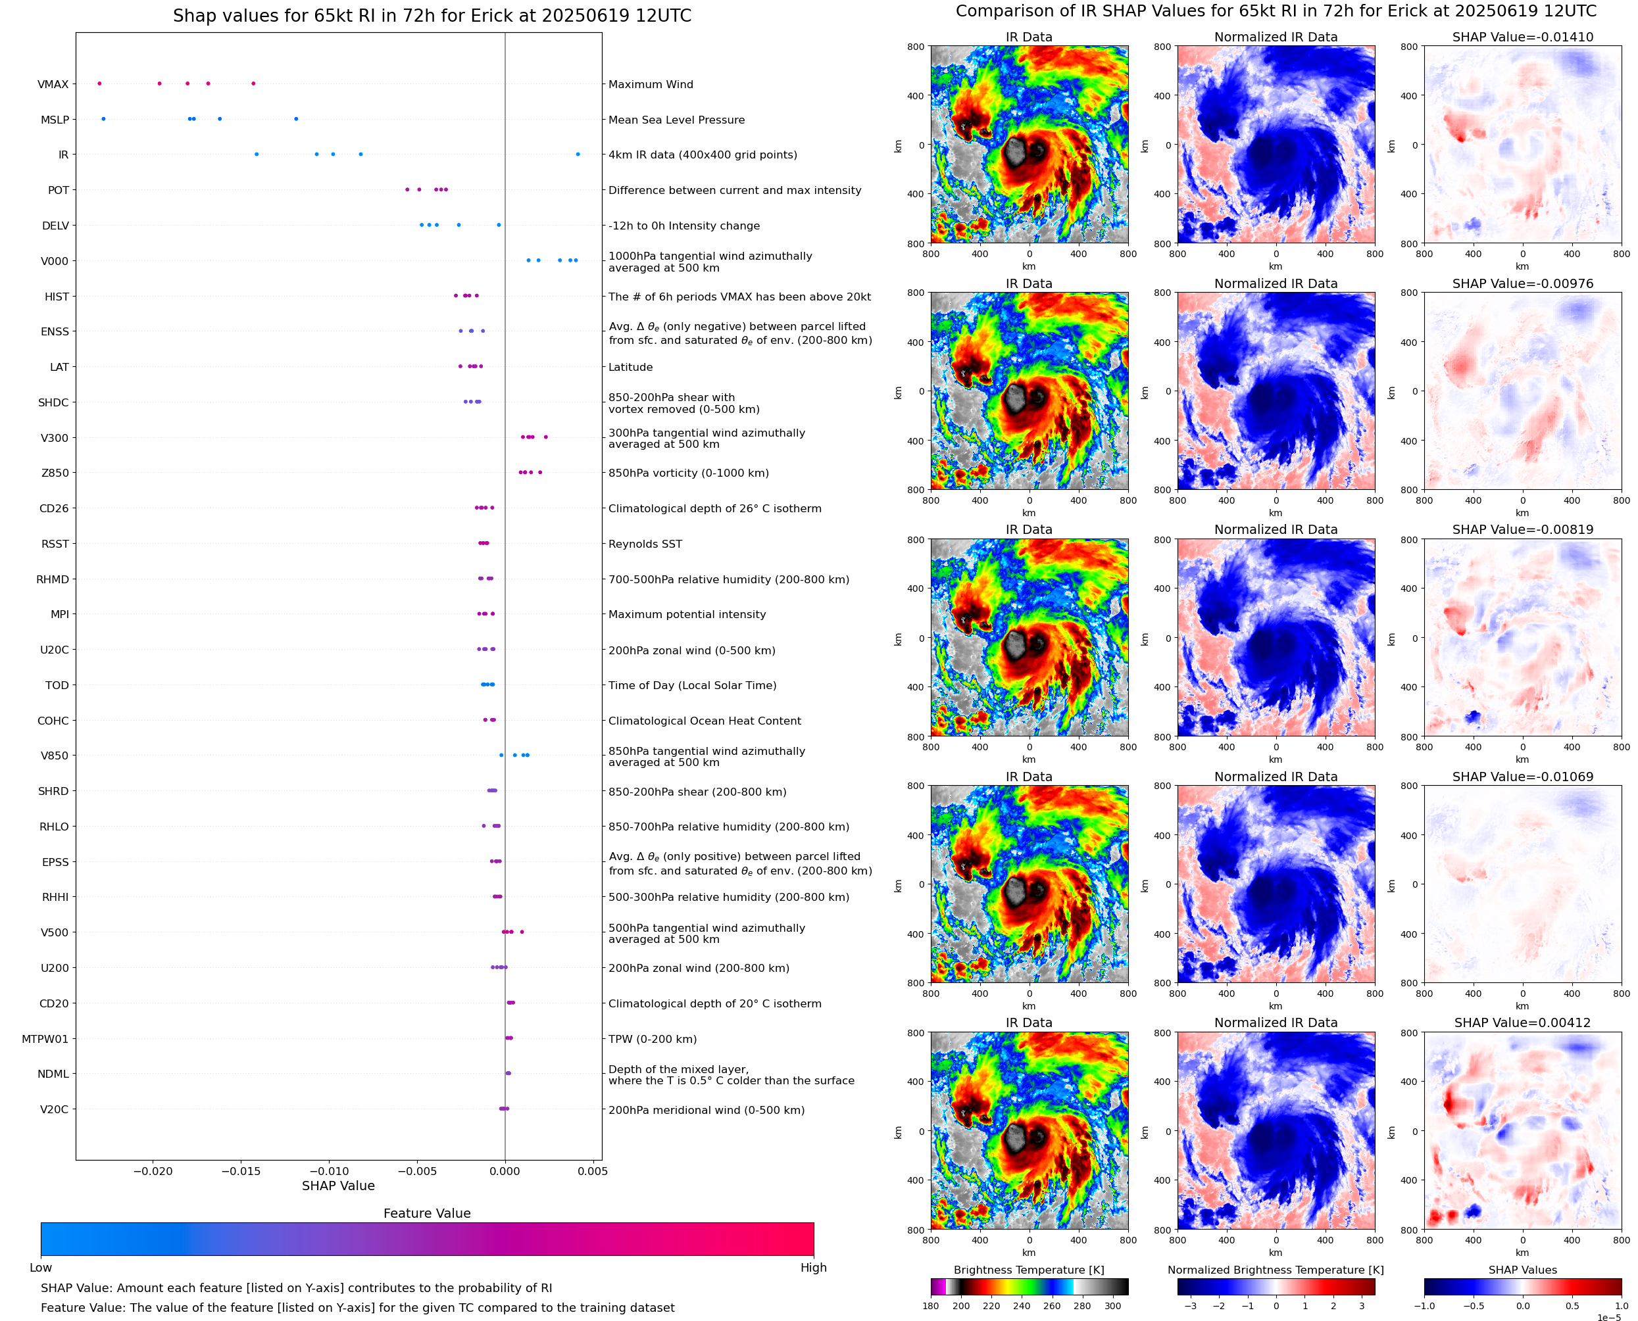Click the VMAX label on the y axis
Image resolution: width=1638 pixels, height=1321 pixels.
coord(53,84)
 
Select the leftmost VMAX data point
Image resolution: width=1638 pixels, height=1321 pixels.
coord(100,84)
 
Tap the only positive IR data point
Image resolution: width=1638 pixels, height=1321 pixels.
coord(578,155)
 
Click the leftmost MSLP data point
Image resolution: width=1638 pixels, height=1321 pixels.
coord(103,119)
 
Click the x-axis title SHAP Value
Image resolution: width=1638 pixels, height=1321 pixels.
coord(338,1186)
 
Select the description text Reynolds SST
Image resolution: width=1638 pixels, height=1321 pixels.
coord(645,544)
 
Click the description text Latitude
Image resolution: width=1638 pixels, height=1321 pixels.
coord(630,367)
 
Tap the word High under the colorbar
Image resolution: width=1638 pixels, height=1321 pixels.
coord(813,1268)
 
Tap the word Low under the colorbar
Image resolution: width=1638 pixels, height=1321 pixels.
coord(40,1268)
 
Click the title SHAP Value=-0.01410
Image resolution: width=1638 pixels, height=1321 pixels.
coord(1522,37)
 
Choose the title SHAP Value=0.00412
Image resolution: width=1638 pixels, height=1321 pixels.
coord(1522,1022)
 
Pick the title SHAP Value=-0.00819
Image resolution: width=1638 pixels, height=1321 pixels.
coord(1522,529)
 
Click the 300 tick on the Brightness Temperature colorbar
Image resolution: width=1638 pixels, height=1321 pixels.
coord(1113,1306)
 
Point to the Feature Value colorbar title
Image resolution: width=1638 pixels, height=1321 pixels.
coord(427,1213)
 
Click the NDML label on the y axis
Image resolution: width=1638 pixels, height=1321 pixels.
coord(53,1074)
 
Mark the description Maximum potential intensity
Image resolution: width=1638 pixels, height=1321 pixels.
coord(687,614)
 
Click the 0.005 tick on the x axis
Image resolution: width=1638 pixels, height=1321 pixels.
coord(592,1171)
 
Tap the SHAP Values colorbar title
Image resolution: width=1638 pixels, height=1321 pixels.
coord(1522,1270)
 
